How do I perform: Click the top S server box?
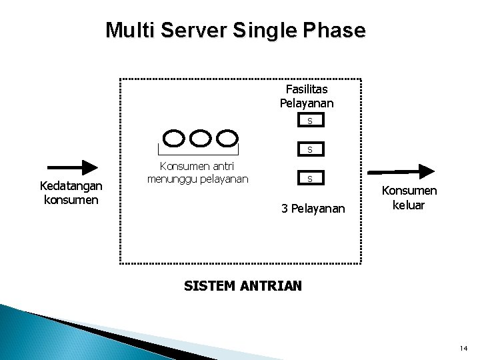[x=309, y=121]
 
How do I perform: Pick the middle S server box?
[x=309, y=149]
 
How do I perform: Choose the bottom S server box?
[x=309, y=179]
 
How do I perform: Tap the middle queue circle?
[x=201, y=138]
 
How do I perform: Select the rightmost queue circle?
[x=228, y=138]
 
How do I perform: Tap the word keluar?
[x=409, y=205]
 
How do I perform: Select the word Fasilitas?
[x=307, y=89]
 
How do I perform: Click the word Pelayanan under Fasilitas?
[x=307, y=103]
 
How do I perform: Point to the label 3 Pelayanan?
[x=313, y=209]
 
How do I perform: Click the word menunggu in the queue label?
[x=173, y=179]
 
